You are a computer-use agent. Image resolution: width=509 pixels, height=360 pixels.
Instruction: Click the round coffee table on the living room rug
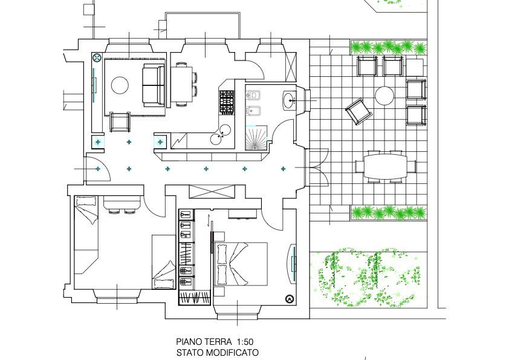120,85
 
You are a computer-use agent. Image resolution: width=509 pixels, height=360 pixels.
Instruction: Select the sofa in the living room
154,85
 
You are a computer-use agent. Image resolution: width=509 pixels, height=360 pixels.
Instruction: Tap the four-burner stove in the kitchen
227,102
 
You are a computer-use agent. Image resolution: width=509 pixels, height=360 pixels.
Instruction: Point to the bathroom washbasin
289,100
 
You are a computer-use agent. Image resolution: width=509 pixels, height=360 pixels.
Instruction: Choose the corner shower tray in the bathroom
256,138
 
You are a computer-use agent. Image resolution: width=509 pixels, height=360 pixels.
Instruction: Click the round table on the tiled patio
384,96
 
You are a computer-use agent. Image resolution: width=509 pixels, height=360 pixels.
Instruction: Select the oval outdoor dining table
385,166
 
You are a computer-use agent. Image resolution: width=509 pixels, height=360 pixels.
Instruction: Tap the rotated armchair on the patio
358,111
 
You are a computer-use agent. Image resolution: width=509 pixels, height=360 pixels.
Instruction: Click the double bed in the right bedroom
241,264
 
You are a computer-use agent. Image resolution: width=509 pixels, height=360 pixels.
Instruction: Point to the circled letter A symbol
289,299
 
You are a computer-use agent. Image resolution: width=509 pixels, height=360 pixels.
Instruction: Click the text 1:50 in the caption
245,342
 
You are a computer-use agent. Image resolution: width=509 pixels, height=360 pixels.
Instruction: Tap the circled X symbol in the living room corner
97,58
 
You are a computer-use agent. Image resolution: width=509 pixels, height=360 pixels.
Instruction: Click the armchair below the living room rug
120,122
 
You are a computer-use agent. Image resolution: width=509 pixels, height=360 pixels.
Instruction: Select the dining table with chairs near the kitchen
183,85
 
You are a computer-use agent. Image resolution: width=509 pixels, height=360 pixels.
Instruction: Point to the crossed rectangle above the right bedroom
212,191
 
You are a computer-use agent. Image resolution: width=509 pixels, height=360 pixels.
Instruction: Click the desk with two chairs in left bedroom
122,205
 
